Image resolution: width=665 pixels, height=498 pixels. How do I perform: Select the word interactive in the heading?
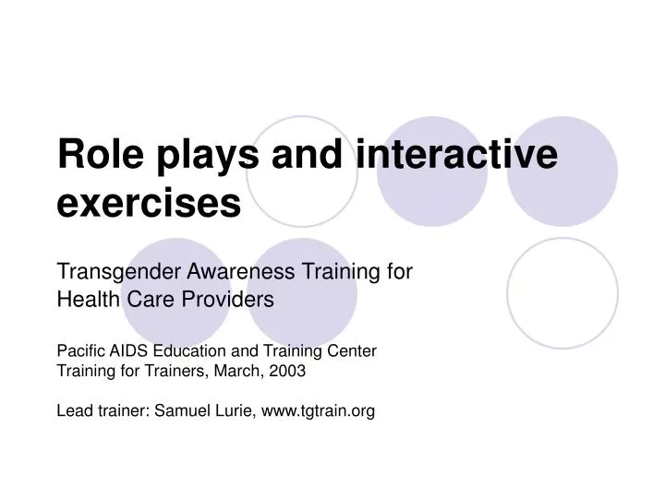pos(456,154)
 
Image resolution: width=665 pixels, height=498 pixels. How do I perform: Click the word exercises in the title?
pos(149,204)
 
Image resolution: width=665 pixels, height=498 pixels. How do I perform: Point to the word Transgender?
pos(120,273)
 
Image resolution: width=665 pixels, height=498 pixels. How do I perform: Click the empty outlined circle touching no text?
pos(562,293)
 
